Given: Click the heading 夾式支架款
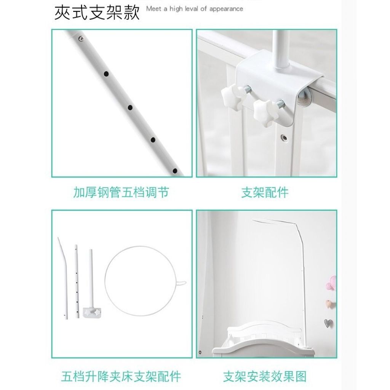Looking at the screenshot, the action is pyautogui.click(x=97, y=13).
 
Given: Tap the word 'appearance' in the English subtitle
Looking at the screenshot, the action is pyautogui.click(x=226, y=10).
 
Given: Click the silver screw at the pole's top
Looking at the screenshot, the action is pyautogui.click(x=81, y=38).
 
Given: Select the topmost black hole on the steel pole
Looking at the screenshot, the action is pyautogui.click(x=106, y=74).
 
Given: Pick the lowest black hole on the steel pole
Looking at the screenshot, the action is pyautogui.click(x=175, y=171).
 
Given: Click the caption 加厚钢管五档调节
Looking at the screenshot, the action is pyautogui.click(x=121, y=192).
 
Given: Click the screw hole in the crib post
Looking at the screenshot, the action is pyautogui.click(x=284, y=137).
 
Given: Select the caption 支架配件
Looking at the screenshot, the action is pyautogui.click(x=265, y=192).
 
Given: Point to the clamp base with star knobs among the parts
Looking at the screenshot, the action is pyautogui.click(x=93, y=312).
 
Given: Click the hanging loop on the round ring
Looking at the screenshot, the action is pyautogui.click(x=181, y=283).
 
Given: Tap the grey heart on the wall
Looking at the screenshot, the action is pyautogui.click(x=328, y=323).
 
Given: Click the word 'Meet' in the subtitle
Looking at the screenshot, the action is pyautogui.click(x=153, y=9).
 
